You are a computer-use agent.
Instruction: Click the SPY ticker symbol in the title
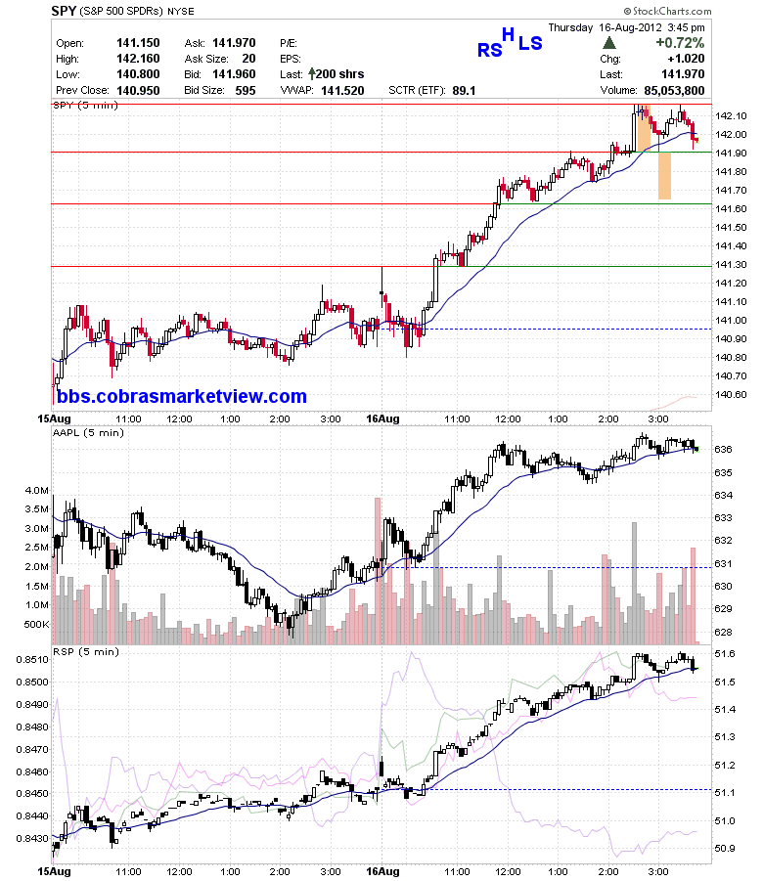point(64,11)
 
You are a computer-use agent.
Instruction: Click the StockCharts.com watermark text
point(667,11)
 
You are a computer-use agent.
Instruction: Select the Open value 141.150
point(138,43)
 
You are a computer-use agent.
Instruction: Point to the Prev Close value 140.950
point(138,91)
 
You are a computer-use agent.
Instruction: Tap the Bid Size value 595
point(246,91)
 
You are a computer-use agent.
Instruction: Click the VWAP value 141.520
point(342,91)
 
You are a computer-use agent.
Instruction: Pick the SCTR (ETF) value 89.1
point(464,91)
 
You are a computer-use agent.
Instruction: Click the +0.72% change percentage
point(680,43)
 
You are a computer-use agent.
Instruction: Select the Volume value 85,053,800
point(674,91)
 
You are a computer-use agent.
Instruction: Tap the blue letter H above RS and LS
point(508,35)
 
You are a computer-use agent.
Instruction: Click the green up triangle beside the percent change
point(609,43)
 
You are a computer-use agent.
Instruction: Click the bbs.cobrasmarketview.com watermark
point(182,396)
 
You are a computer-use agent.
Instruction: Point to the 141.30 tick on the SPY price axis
point(731,265)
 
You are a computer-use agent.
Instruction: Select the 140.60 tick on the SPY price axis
point(731,394)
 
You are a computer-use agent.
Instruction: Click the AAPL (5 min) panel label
point(88,432)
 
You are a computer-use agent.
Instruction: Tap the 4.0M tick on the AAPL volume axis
point(36,490)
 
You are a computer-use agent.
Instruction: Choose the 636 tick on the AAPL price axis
point(723,450)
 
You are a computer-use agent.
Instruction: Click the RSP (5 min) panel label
point(86,652)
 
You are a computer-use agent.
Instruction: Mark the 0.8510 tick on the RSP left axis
point(32,660)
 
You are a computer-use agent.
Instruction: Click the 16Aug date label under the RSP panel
point(382,871)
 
